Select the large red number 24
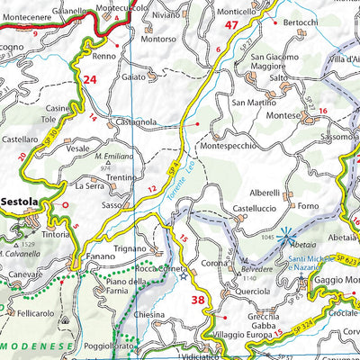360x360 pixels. click(89, 79)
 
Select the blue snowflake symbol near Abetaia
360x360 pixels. click(286, 238)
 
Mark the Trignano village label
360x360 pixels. click(128, 248)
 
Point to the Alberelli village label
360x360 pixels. click(264, 193)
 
